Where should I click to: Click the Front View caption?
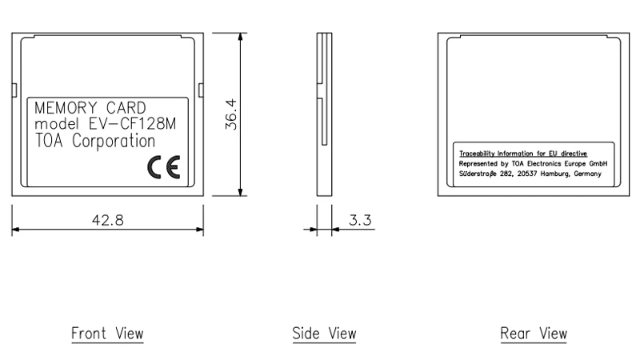pos(107,333)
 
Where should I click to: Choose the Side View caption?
pos(323,333)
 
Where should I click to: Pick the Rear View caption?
pos(534,333)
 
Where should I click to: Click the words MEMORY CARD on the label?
pos(90,108)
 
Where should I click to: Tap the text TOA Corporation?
pos(95,142)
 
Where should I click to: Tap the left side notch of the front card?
pos(14,86)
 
